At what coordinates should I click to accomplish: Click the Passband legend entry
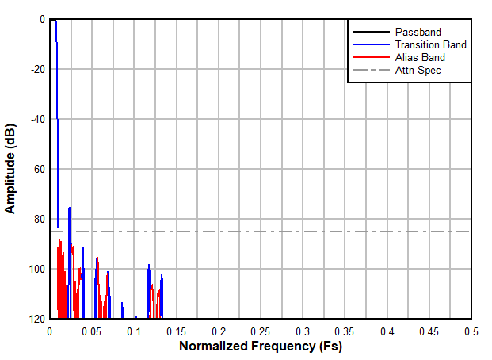tap(417, 32)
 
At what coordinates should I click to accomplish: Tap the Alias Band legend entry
tap(419, 57)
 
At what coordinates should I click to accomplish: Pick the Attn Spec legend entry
tap(418, 70)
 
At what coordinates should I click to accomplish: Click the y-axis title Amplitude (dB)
tap(11, 169)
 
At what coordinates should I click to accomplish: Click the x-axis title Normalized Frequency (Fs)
tap(260, 347)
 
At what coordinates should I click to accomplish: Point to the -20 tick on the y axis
tap(36, 70)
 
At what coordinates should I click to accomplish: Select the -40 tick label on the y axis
tap(36, 120)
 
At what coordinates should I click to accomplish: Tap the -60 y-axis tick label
tap(36, 170)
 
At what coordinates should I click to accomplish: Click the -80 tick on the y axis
tap(36, 220)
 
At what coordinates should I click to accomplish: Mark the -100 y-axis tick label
tap(34, 270)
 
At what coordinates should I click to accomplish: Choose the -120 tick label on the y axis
tap(34, 319)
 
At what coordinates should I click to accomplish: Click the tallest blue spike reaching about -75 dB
tap(70, 209)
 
